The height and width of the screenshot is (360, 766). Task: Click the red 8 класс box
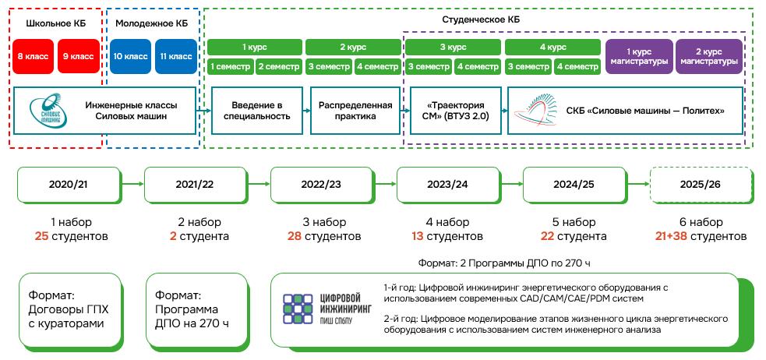(34, 56)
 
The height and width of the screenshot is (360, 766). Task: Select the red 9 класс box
(78, 56)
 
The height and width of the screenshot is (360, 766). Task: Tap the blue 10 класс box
(130, 56)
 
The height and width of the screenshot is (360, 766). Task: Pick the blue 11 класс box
(176, 56)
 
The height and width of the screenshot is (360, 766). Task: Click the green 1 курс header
(254, 47)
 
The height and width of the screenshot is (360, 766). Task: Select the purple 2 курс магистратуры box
(708, 56)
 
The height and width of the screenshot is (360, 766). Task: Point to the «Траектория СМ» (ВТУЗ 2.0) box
(456, 111)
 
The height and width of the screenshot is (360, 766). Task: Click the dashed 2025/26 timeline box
(701, 185)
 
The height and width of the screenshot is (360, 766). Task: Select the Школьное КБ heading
(56, 23)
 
